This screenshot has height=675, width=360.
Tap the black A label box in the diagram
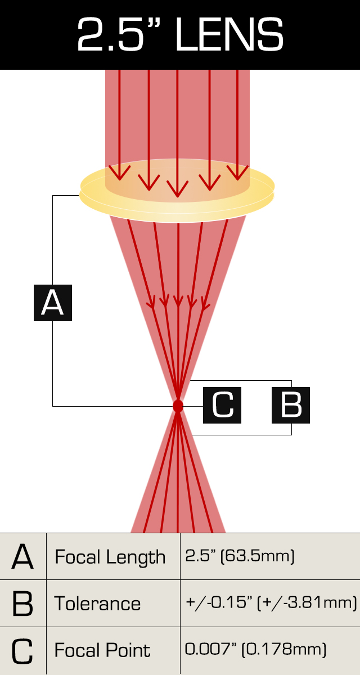(x=53, y=303)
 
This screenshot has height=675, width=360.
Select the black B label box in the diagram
(x=291, y=405)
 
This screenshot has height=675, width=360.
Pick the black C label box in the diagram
(x=222, y=405)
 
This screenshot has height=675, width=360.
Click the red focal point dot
(x=178, y=406)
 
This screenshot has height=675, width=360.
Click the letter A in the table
(x=22, y=557)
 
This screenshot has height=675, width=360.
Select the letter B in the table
(x=22, y=604)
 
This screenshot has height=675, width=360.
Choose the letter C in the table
(x=22, y=651)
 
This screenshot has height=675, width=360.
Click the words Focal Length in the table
(x=110, y=557)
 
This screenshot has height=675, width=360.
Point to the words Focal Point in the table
(x=102, y=651)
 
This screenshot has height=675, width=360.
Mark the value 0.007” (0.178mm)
(x=255, y=650)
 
